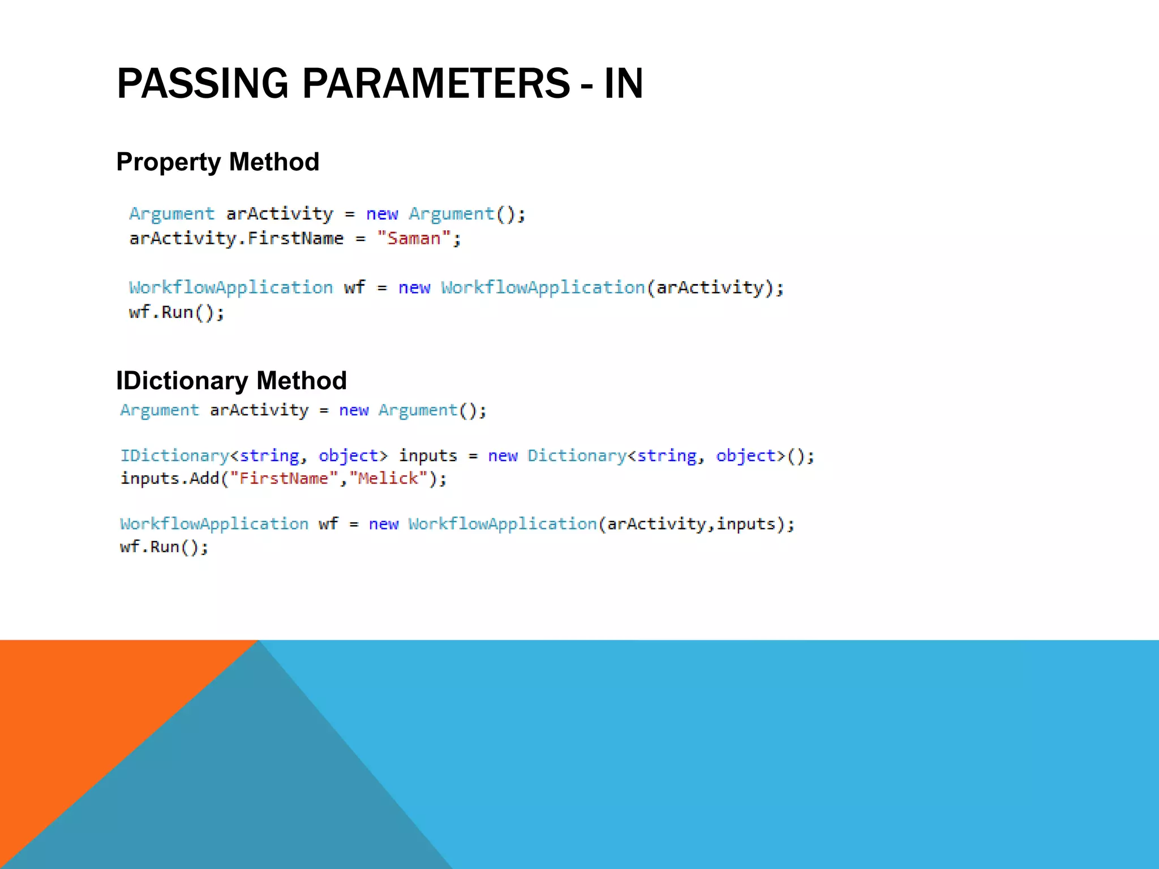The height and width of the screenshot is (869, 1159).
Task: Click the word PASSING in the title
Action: point(203,84)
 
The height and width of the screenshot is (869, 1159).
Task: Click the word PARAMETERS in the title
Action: point(436,84)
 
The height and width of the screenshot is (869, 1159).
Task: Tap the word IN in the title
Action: point(624,84)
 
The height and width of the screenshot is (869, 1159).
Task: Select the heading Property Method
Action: point(218,162)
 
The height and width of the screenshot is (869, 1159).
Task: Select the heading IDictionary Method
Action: point(231,381)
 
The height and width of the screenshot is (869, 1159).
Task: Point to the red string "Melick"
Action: point(388,479)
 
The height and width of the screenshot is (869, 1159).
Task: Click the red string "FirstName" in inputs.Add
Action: point(284,479)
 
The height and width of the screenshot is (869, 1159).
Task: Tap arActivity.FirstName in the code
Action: point(236,239)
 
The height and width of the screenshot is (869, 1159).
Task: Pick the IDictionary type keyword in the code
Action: point(174,456)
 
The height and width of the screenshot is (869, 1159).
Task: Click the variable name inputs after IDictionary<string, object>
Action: point(428,456)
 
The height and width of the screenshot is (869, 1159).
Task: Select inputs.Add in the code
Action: point(169,479)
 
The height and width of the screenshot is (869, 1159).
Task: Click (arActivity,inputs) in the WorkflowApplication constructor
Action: point(696,524)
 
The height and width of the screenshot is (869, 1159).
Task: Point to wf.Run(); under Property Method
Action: point(177,312)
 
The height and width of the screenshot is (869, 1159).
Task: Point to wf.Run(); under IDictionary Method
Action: point(164,547)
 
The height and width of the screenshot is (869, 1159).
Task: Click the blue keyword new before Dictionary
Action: point(503,456)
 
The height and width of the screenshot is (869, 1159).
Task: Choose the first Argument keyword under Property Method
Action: point(171,214)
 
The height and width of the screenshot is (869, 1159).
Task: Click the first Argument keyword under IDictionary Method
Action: point(160,410)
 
